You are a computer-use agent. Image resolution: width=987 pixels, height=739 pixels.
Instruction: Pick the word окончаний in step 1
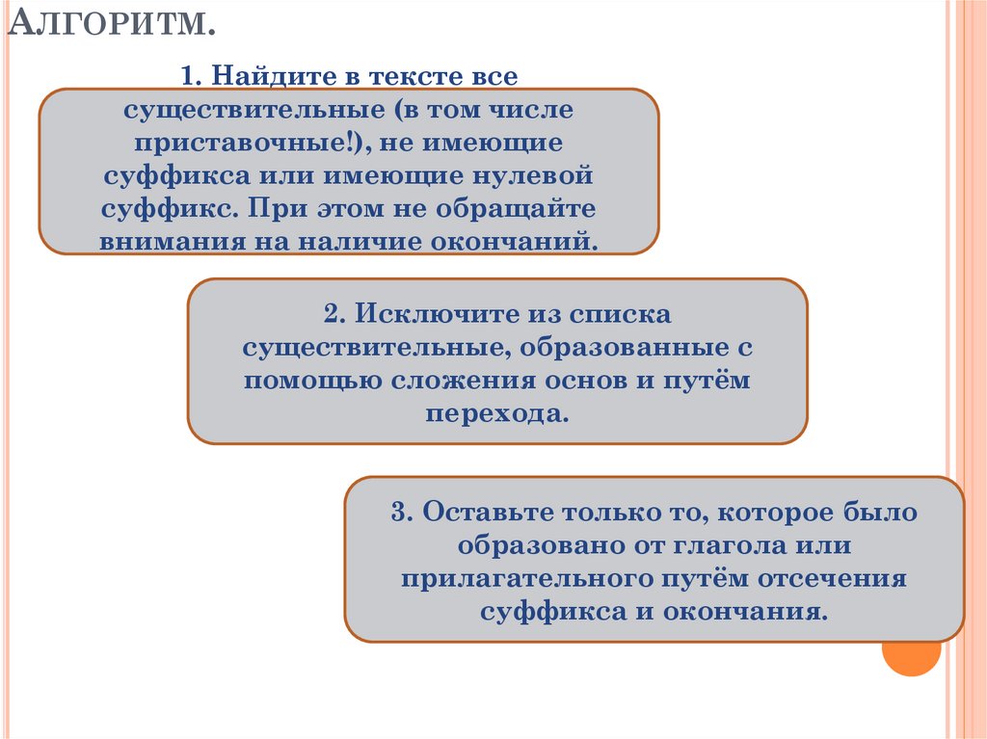click(531, 241)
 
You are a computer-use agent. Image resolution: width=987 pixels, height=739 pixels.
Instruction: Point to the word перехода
click(496, 412)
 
